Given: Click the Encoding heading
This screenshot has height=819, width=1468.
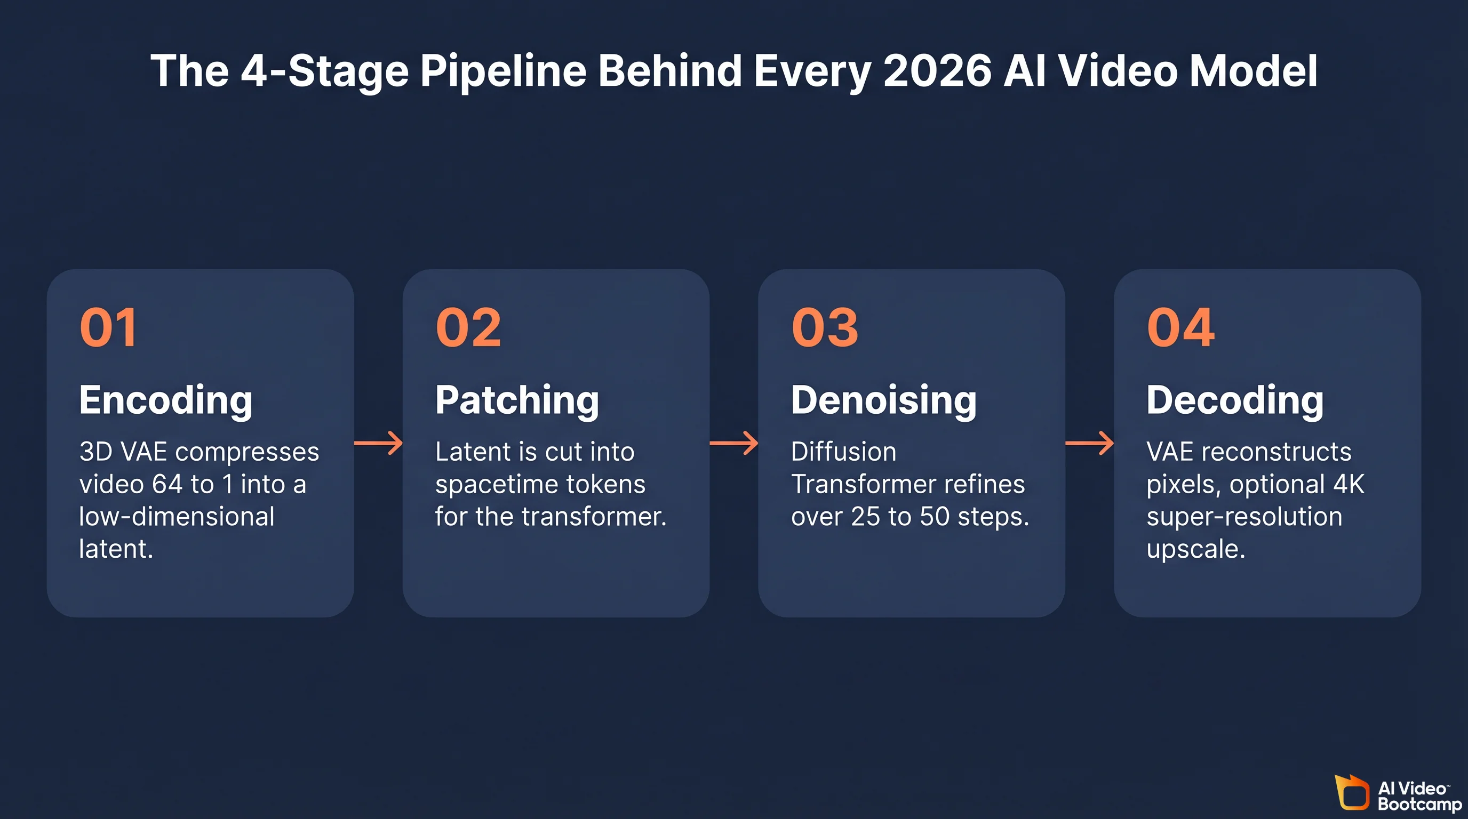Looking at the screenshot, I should coord(166,400).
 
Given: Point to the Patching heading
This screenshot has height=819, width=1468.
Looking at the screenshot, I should coord(517,400).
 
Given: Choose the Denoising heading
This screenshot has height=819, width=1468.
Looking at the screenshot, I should coord(883,400).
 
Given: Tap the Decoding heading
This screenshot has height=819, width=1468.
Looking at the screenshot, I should coord(1234,400).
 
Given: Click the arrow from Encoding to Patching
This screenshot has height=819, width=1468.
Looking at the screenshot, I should coord(378,443).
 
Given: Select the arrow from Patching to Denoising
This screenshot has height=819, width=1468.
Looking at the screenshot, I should coord(734,443).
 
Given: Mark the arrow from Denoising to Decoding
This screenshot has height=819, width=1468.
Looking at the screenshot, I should coord(1090,443).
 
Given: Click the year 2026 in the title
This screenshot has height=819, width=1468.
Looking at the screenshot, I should coord(937,70).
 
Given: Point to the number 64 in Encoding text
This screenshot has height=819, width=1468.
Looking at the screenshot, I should coord(166,484).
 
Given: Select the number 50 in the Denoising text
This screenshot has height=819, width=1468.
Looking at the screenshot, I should coord(934,517).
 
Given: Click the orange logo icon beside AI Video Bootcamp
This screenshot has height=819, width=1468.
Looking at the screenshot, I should coord(1352,792).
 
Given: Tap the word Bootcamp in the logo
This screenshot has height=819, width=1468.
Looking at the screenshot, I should coord(1419,804).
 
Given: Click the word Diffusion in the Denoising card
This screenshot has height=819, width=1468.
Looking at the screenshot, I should coord(843,452).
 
